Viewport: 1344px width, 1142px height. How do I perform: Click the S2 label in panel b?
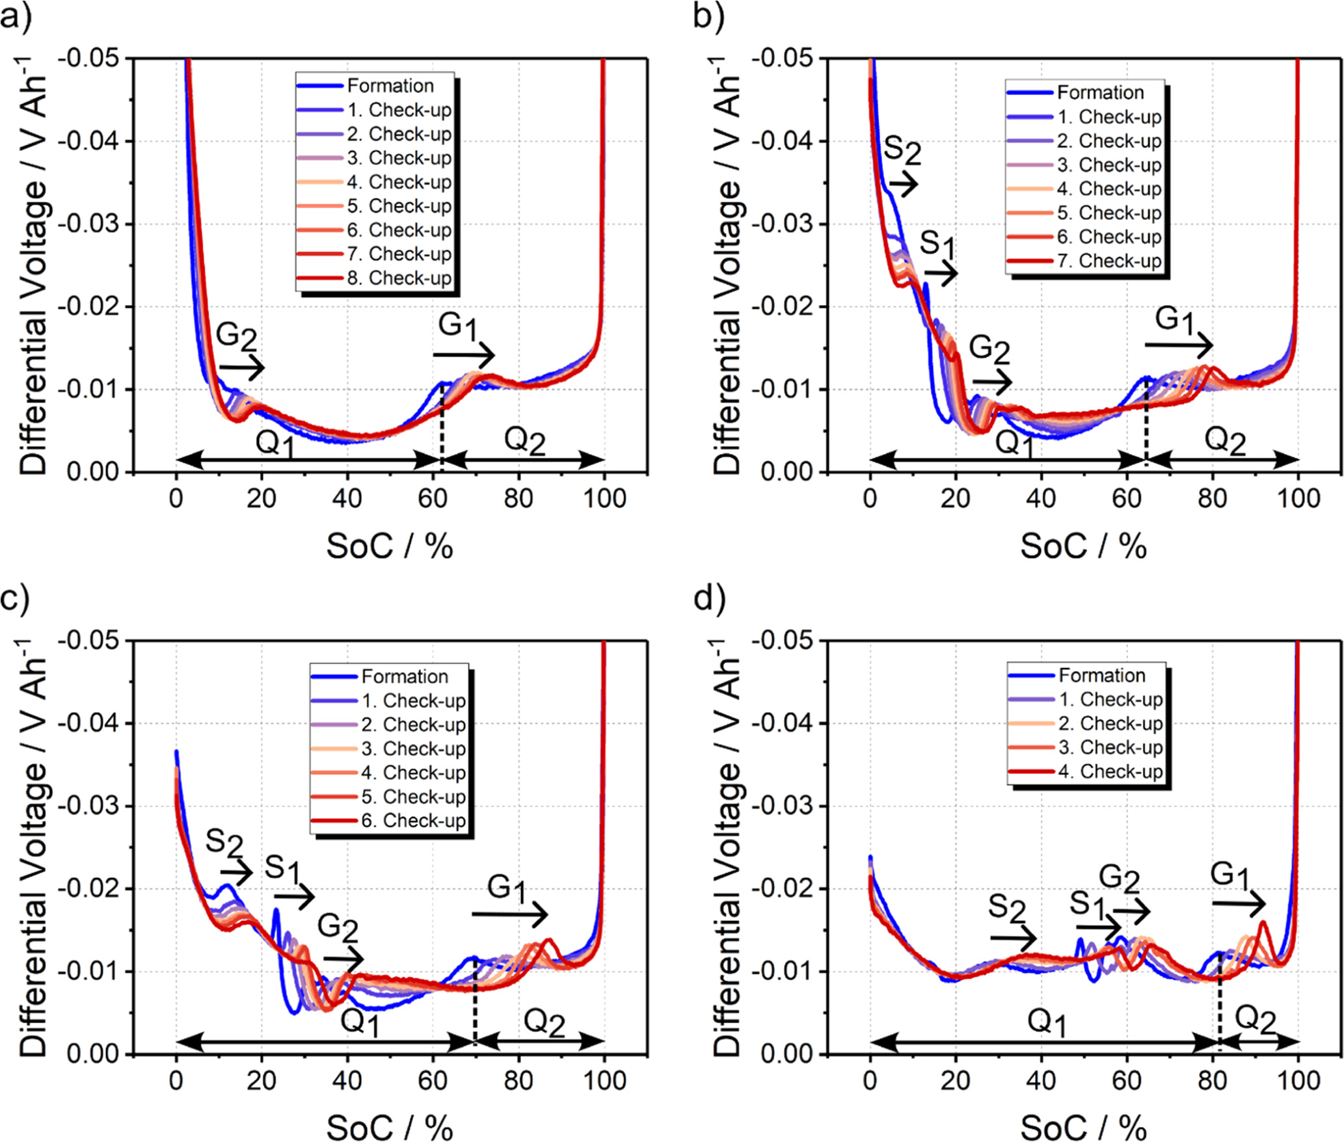pyautogui.click(x=902, y=151)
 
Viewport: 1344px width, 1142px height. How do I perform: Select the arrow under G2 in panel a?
pyautogui.click(x=241, y=367)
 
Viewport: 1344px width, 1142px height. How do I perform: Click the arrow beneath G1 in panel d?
pyautogui.click(x=1239, y=903)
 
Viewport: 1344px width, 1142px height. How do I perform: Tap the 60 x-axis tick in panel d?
pyautogui.click(x=1126, y=1081)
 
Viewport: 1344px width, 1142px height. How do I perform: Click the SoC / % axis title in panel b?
pyautogui.click(x=1083, y=546)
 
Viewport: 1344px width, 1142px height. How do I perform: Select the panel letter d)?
pyautogui.click(x=709, y=598)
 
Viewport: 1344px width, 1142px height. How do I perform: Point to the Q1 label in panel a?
pyautogui.click(x=276, y=444)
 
